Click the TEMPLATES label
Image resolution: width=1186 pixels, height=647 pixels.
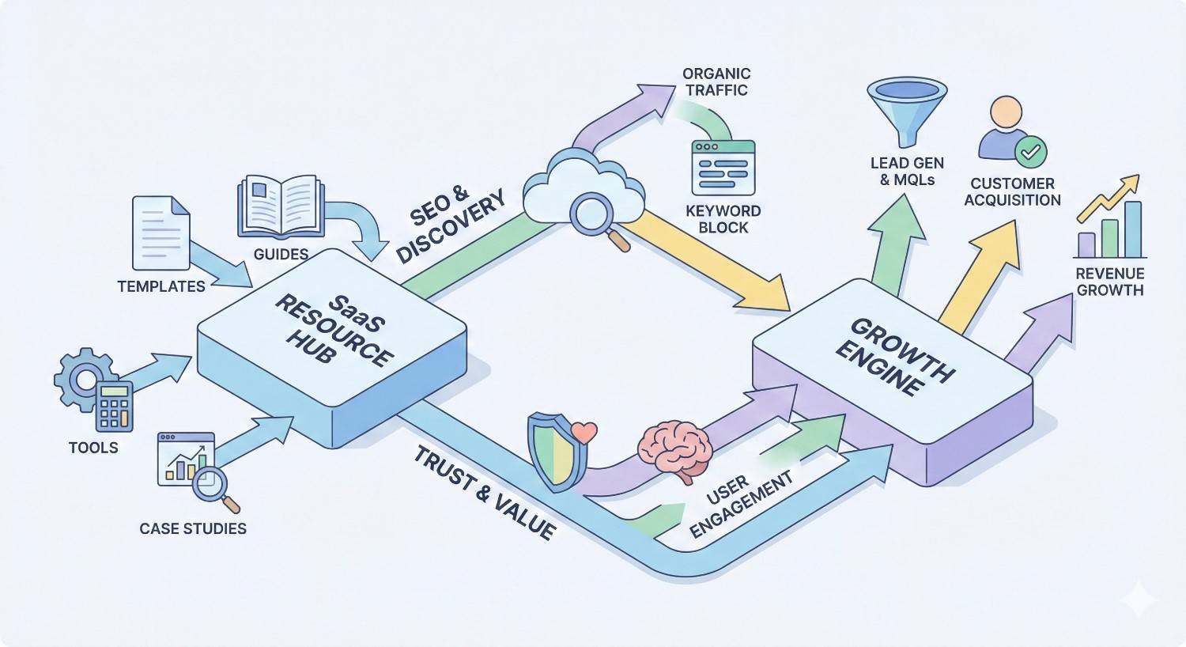click(x=161, y=286)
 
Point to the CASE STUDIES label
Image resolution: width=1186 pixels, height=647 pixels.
click(x=193, y=528)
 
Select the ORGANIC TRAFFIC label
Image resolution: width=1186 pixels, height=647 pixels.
click(x=716, y=82)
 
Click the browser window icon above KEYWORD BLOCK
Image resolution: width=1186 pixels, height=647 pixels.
click(x=723, y=168)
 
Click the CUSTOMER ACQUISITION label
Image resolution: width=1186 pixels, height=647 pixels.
click(x=1012, y=192)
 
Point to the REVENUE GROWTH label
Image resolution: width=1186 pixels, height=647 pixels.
click(x=1110, y=282)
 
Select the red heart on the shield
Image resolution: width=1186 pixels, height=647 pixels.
click(x=584, y=433)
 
